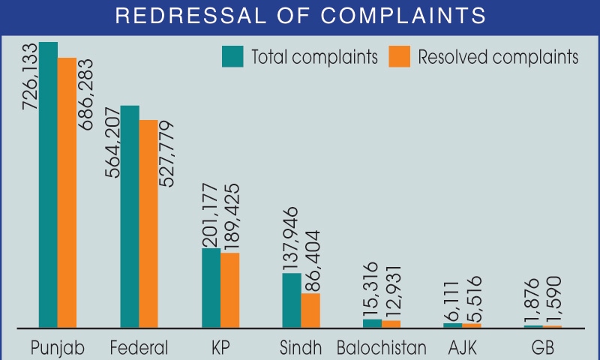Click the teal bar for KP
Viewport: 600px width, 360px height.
click(211, 288)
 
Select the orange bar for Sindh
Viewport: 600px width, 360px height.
click(310, 310)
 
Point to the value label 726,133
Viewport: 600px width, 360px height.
click(29, 75)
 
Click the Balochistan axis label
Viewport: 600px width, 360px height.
click(382, 348)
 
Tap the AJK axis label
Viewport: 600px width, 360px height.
click(462, 348)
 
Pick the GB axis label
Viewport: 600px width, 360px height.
click(542, 348)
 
